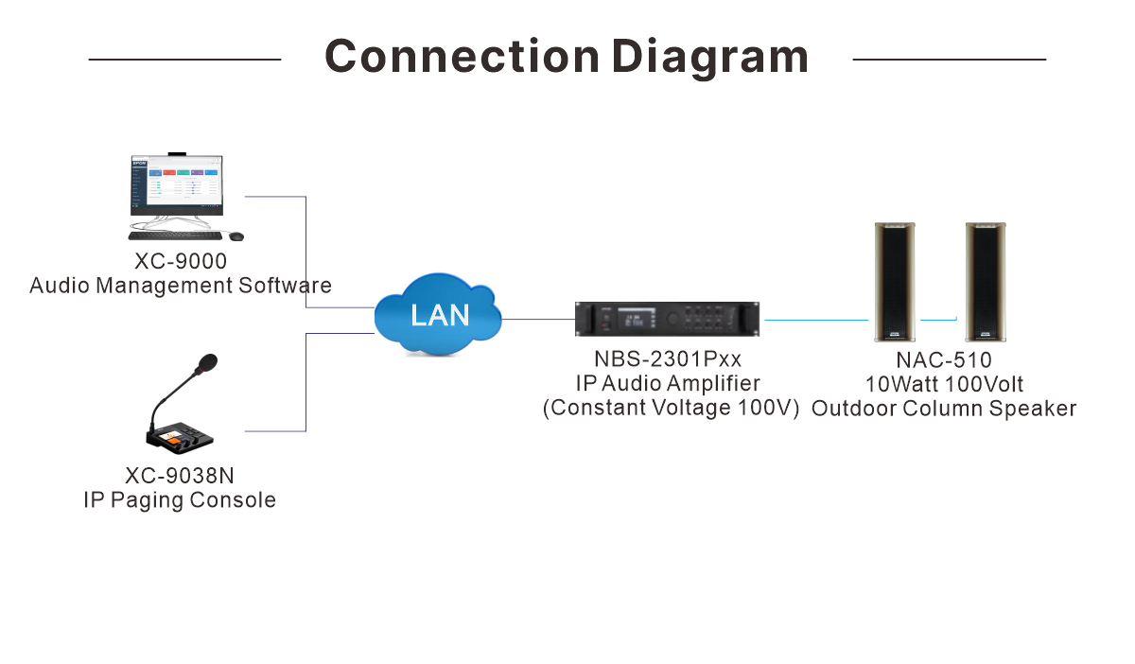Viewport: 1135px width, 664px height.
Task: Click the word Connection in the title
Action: click(463, 56)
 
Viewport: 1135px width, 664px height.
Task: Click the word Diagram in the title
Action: click(710, 59)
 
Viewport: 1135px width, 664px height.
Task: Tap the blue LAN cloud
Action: click(438, 314)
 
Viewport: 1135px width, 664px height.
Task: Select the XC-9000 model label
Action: click(181, 262)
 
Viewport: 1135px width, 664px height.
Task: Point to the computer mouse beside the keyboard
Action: click(236, 236)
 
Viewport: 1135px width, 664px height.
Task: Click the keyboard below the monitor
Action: click(175, 236)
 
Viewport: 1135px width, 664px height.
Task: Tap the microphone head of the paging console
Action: click(207, 363)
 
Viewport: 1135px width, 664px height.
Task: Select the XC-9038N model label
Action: click(180, 476)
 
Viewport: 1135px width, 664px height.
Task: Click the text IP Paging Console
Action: click(180, 500)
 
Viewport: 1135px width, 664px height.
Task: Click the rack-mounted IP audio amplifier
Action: click(668, 319)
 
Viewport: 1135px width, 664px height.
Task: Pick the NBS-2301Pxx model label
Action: click(668, 359)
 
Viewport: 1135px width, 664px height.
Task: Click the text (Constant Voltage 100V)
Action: click(671, 408)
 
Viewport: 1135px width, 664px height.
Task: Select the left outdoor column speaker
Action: click(895, 282)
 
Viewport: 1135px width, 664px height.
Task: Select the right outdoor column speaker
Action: click(986, 282)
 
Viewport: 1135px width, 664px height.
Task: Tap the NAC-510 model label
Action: click(944, 360)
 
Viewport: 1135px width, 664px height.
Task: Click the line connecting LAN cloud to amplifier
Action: click(538, 320)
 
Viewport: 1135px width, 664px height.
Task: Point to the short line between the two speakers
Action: click(938, 320)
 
